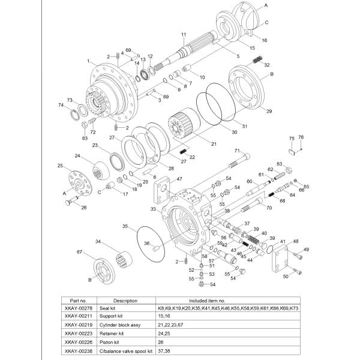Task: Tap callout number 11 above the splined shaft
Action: tap(184, 34)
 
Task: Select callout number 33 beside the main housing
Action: tap(154, 209)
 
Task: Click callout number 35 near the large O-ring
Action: tap(125, 226)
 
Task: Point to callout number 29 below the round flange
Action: tap(269, 111)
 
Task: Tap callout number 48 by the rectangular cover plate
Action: tap(296, 241)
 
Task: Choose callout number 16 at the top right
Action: tap(265, 40)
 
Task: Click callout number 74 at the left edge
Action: tap(61, 105)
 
